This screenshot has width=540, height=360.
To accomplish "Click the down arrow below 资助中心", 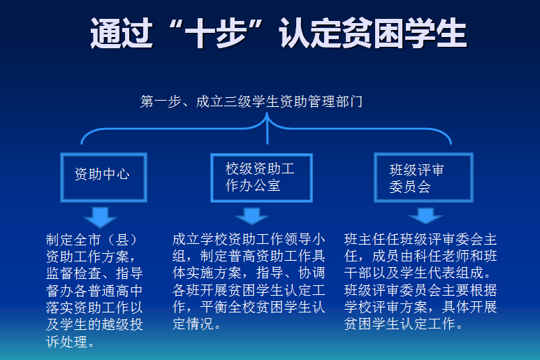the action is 100,217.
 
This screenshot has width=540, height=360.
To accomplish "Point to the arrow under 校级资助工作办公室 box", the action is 251,216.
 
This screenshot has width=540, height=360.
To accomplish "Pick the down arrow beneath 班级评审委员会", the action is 425,216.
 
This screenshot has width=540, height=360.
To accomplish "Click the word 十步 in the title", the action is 216,33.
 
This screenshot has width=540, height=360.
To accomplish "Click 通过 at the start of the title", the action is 122,33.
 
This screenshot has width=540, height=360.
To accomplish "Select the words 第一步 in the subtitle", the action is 161,101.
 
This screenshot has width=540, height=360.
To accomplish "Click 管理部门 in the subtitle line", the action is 335,101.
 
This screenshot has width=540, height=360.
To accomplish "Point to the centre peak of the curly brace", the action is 268,115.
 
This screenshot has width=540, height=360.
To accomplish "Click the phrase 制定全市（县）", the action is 92,240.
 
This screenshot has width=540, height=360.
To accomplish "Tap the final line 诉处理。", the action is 71,342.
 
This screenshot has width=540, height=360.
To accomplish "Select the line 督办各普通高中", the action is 94,291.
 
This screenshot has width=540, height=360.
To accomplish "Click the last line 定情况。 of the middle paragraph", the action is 196,324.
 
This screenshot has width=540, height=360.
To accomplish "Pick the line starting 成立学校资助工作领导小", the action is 249,239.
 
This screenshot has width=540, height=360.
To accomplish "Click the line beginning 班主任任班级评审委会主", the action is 421,239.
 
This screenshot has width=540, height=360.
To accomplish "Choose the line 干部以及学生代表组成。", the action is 418,273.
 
